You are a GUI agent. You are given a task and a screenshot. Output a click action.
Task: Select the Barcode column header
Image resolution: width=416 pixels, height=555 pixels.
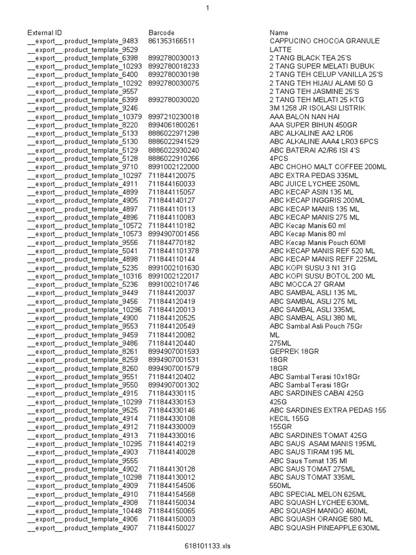click(x=161, y=33)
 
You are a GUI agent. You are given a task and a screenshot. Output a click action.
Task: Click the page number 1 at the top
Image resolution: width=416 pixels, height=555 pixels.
click(x=207, y=7)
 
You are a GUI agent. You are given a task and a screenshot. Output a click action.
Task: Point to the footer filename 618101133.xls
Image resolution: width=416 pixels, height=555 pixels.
click(x=208, y=546)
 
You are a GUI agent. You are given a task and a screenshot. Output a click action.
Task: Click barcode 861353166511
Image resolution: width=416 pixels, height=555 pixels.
click(x=172, y=41)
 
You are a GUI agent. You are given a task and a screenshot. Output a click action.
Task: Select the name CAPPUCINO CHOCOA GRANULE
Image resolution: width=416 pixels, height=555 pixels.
click(x=324, y=41)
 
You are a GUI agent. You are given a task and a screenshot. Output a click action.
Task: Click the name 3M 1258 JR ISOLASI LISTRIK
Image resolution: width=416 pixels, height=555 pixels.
click(x=317, y=108)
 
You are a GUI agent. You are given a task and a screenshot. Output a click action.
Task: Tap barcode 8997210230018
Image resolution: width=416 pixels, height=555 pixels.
click(x=173, y=117)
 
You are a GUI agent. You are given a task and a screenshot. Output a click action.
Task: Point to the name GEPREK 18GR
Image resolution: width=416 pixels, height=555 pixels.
click(x=294, y=352)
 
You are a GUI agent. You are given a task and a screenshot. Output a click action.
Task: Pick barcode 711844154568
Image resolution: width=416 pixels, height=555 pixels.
click(x=172, y=494)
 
